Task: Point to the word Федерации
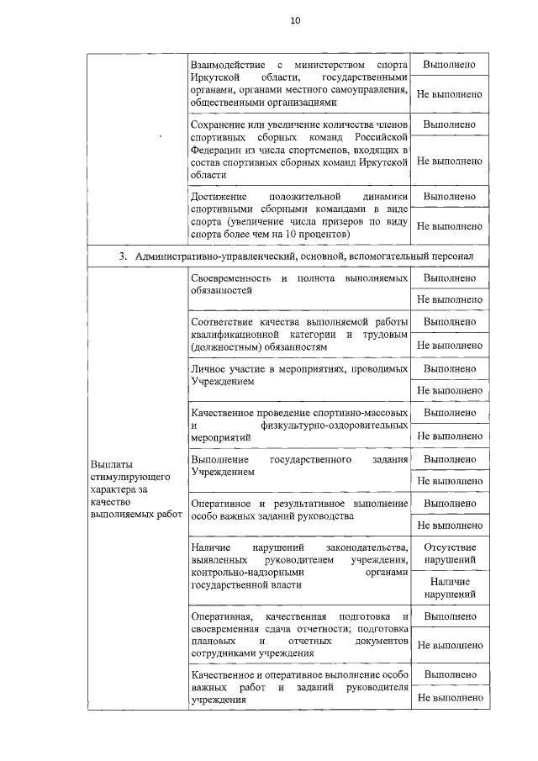coord(216,149)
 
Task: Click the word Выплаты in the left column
coord(110,463)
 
